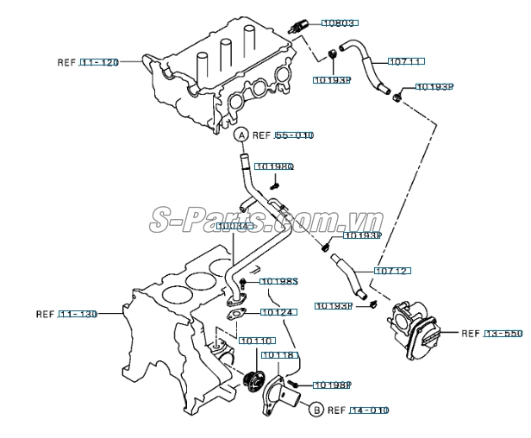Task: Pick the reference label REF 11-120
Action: click(x=87, y=62)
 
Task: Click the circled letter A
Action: click(x=242, y=135)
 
